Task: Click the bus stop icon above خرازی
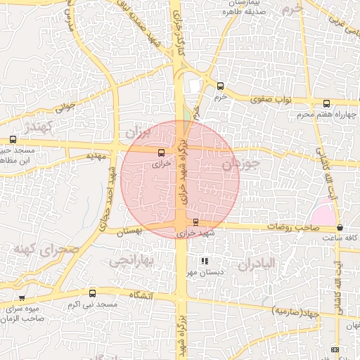tap(161, 152)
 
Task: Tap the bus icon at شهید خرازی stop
tap(195, 222)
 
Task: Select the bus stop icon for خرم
tap(221, 86)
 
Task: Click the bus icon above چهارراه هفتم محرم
tap(326, 103)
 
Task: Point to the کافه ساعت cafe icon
tap(340, 228)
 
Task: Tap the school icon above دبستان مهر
tap(205, 262)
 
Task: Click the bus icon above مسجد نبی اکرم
tap(92, 293)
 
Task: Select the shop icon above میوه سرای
tap(22, 298)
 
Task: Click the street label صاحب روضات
tap(288, 228)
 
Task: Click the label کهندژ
tap(39, 127)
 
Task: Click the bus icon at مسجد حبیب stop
tap(13, 139)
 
